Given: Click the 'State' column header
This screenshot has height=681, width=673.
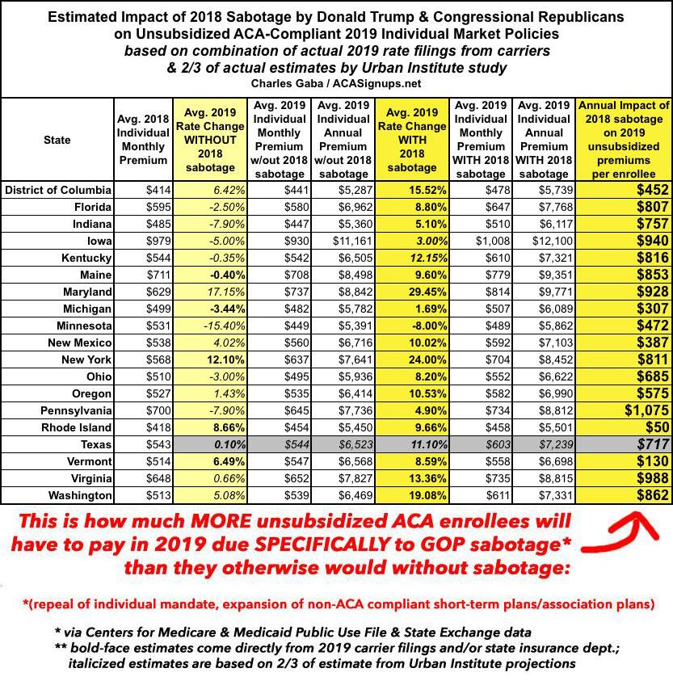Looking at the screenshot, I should pos(57,140).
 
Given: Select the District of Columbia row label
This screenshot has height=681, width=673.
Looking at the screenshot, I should pos(57,190).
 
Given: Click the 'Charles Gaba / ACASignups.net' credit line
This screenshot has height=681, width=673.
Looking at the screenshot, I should pos(336,84).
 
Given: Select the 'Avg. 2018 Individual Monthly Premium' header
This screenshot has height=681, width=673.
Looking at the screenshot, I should pos(144,140).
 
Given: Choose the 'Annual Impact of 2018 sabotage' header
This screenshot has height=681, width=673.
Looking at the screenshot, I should pos(625,140).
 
